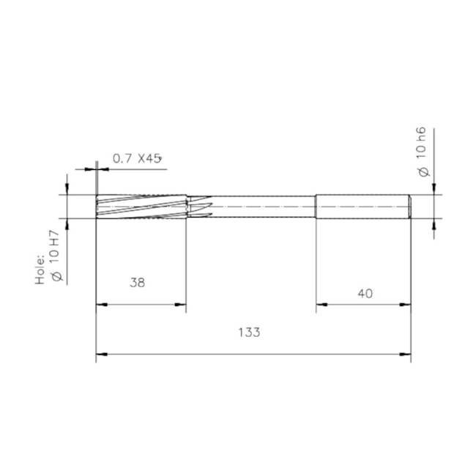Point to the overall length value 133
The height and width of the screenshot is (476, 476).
click(x=249, y=332)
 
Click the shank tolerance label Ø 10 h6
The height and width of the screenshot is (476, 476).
click(x=421, y=150)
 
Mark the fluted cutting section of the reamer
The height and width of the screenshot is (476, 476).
click(x=139, y=207)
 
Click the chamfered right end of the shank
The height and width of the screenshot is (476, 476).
click(x=409, y=207)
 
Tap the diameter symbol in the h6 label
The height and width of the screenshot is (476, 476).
click(x=422, y=171)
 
